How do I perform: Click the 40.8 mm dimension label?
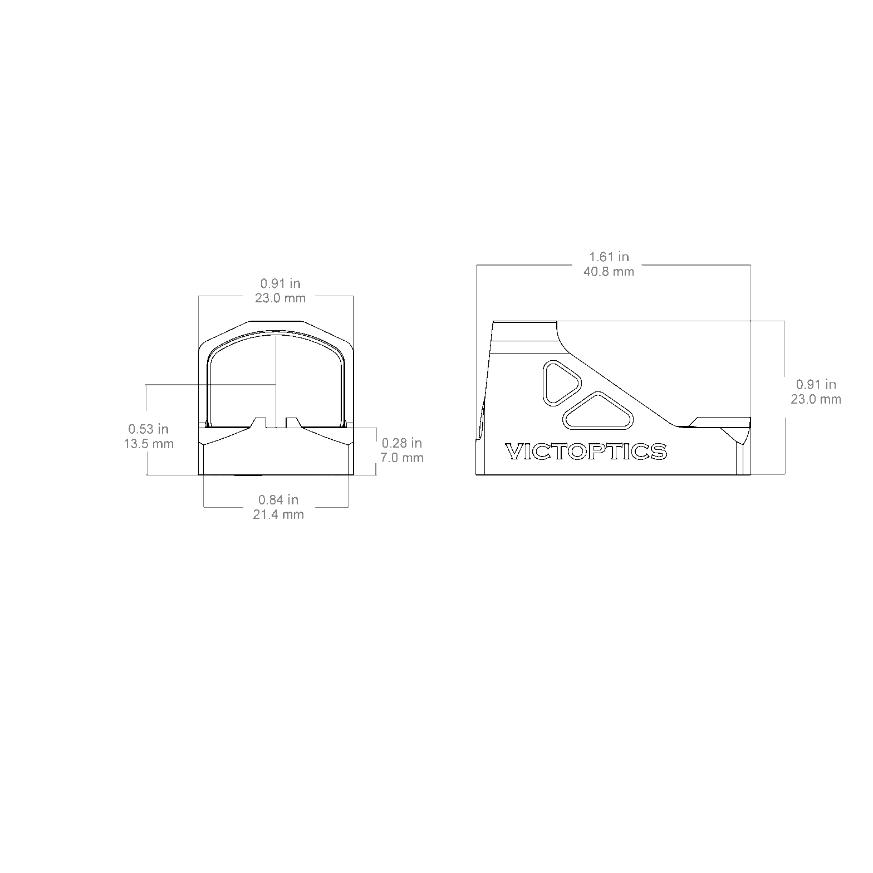point(609,271)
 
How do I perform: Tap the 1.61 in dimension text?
point(609,257)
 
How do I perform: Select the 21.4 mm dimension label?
point(278,514)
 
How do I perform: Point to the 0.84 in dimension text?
point(278,500)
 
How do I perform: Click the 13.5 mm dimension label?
point(149,444)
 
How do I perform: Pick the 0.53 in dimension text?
point(149,429)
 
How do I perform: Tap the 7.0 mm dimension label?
point(402,458)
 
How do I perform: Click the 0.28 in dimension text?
point(402,443)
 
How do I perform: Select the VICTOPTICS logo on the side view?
point(586,452)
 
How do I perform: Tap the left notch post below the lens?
point(260,423)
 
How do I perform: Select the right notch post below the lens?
point(292,423)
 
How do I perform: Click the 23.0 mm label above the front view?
point(281,298)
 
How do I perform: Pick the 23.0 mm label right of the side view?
point(816,399)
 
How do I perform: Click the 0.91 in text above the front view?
point(281,283)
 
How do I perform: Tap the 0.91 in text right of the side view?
point(816,384)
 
